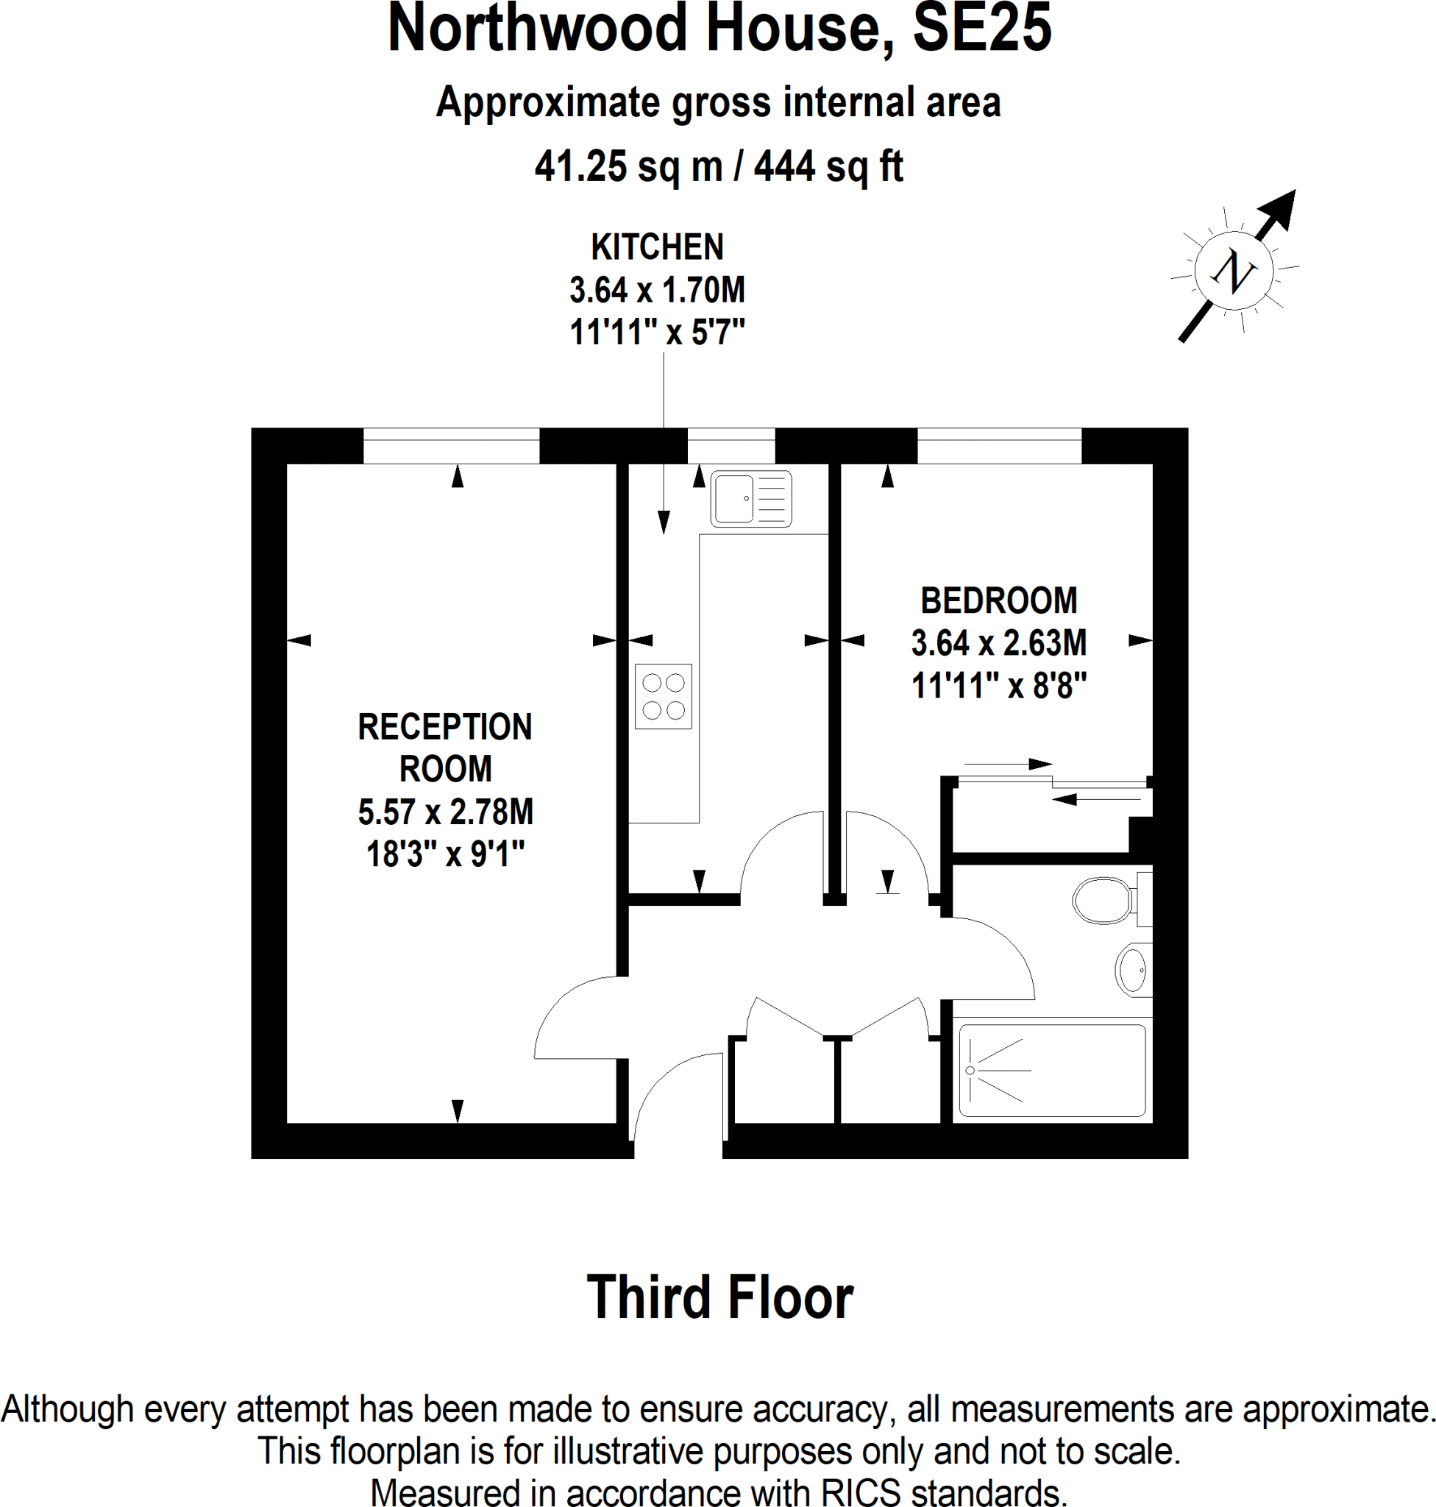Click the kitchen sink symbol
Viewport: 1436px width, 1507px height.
point(750,500)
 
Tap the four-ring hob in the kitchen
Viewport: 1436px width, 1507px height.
point(663,695)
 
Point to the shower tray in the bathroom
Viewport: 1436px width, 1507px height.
point(1052,1071)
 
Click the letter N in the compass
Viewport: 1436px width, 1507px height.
point(1233,272)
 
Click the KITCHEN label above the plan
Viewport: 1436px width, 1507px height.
point(657,247)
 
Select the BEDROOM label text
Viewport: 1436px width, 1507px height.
point(998,600)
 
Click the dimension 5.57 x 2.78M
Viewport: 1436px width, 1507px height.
point(446,812)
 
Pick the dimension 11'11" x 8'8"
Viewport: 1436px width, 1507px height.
point(998,685)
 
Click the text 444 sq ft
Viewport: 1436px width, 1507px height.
point(828,166)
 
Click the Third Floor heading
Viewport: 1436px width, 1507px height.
point(719,1297)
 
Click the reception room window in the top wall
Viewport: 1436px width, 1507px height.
point(451,445)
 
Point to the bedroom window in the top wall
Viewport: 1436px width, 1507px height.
point(998,445)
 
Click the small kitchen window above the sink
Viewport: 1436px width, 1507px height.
point(731,445)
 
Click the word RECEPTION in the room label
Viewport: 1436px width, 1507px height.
point(445,727)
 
